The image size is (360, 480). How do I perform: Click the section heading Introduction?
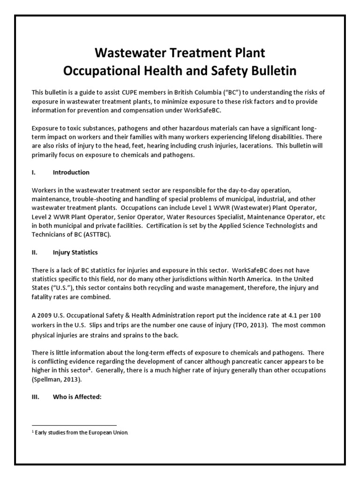[71, 172]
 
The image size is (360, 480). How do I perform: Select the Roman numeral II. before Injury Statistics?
[34, 252]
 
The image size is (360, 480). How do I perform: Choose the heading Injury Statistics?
[75, 252]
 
